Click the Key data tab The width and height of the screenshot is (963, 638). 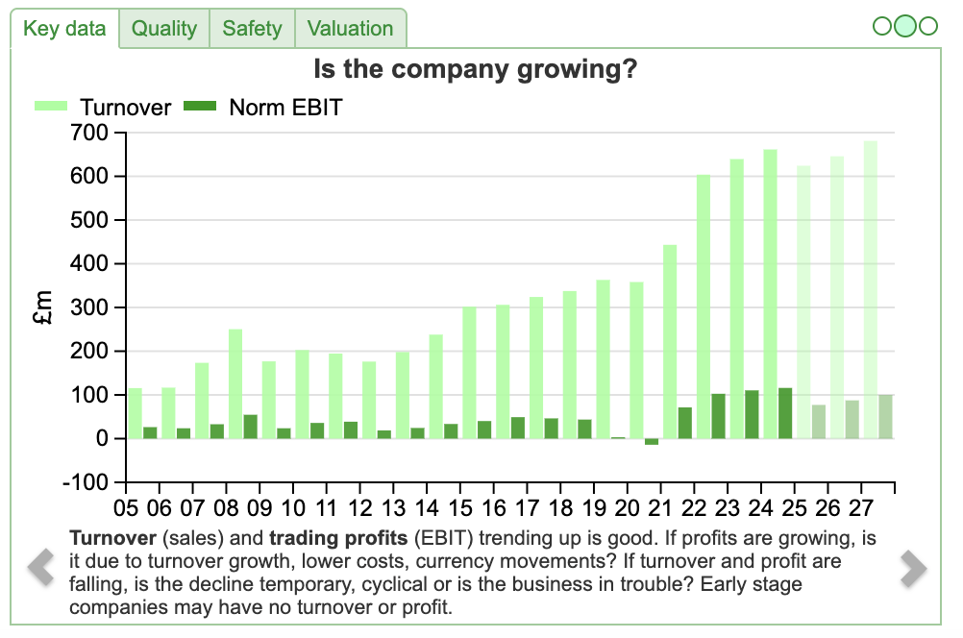[64, 29]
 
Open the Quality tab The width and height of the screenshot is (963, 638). [164, 29]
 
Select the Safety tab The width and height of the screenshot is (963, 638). [252, 29]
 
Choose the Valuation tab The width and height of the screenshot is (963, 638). [350, 29]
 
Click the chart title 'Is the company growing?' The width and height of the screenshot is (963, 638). [477, 70]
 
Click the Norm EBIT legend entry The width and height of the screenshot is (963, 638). [263, 108]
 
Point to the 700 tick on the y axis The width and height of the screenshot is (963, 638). [94, 134]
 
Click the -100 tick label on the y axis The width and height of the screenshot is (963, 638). [90, 482]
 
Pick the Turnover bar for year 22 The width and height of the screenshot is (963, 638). [704, 307]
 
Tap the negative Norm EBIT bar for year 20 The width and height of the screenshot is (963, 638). [652, 442]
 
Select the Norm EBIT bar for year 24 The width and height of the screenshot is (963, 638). [785, 413]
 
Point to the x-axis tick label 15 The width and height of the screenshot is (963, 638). [461, 505]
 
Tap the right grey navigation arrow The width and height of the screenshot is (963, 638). [913, 568]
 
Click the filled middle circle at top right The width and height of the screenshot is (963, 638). [904, 26]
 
